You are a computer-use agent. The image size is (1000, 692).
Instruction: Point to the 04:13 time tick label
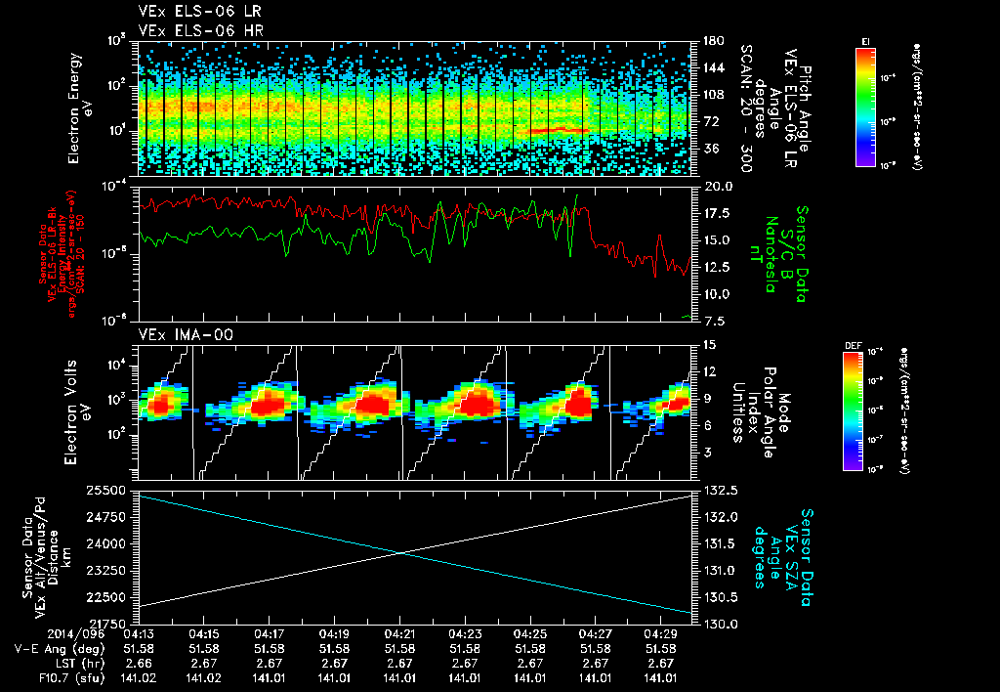139,633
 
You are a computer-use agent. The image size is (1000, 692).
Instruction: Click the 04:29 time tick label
662,633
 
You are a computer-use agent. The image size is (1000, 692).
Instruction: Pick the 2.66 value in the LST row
139,662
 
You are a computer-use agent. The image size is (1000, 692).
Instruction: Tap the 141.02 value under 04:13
139,676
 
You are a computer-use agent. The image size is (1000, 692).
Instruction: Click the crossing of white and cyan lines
402,552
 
